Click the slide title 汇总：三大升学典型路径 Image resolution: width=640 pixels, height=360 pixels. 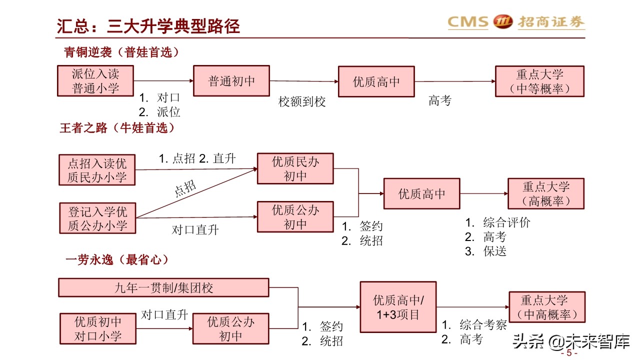coord(148,26)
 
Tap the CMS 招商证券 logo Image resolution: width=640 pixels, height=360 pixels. coord(515,22)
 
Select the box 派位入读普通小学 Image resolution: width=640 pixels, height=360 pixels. coord(95,81)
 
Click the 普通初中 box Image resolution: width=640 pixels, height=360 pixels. coord(231,81)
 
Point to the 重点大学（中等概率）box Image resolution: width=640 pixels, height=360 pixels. coord(539,81)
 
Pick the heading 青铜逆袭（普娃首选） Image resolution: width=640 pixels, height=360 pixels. coord(121,52)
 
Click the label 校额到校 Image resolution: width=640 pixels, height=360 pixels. coord(302,102)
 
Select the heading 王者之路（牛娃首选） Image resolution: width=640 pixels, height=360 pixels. coord(118,128)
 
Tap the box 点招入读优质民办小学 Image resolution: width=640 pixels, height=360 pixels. coord(97,170)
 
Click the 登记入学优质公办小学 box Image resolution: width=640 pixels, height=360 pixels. coord(97,218)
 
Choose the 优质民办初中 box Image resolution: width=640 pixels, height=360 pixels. coord(295,169)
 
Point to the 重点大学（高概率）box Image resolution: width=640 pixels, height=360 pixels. coord(546,193)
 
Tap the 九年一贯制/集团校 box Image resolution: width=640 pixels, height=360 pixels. coord(163,287)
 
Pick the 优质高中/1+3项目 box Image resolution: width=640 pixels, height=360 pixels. coord(398,307)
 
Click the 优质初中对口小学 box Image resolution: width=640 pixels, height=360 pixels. coord(98,328)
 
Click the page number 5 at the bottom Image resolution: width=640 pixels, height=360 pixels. coord(569,353)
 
